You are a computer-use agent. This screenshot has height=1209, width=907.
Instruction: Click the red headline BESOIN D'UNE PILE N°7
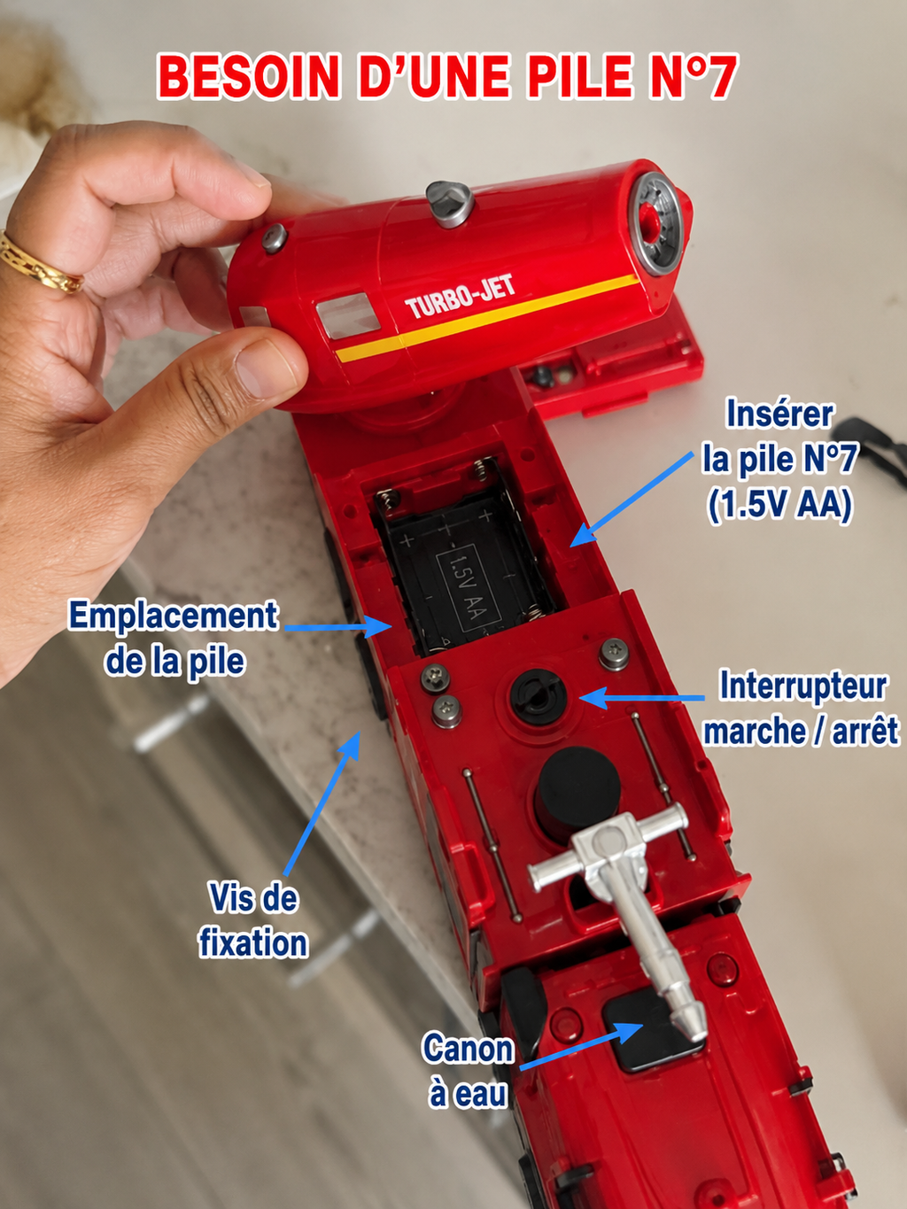447,76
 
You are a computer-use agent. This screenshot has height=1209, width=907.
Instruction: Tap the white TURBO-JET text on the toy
461,298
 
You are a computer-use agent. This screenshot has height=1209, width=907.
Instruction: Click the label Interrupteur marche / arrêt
802,709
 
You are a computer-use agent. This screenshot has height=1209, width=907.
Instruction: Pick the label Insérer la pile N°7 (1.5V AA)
779,460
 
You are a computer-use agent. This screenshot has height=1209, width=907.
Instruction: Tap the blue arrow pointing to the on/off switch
641,698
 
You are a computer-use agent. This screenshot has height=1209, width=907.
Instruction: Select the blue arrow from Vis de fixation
322,803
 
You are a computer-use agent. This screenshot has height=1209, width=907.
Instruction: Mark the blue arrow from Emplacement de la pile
337,627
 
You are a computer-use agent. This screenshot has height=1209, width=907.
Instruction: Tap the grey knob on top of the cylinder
449,204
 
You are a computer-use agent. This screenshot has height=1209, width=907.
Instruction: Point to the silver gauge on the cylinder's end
657,224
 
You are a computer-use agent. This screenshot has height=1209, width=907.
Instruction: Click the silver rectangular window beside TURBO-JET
348,314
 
